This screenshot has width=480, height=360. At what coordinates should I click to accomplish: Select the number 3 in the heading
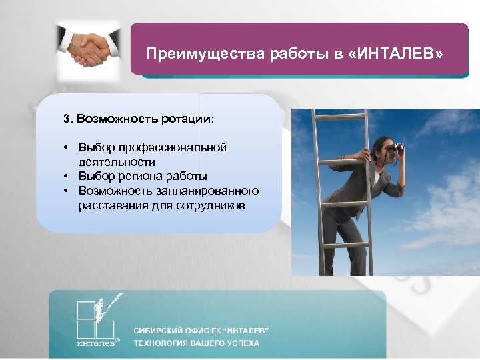(66, 119)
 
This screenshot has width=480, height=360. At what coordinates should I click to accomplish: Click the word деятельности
(117, 162)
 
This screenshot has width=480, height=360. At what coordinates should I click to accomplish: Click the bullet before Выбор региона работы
(67, 177)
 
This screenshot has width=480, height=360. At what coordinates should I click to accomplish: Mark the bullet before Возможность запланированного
(67, 191)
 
